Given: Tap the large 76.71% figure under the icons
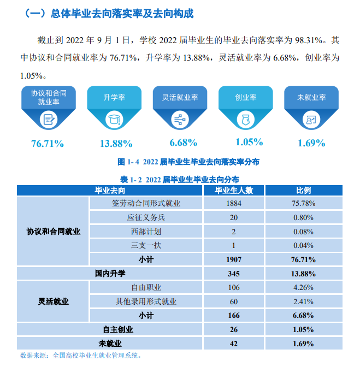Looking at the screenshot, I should coord(48,144).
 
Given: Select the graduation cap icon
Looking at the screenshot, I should coord(114,119).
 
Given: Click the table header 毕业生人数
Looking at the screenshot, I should coord(233,190).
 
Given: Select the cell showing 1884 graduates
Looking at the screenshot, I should coord(233,204).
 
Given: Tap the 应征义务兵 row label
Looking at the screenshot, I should coord(146,217).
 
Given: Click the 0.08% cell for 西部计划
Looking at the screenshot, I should coord(303,231).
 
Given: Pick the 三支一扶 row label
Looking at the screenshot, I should coord(146,245).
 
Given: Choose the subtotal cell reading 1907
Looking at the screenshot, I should coord(233,259).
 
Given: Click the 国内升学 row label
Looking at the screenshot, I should coord(110,273).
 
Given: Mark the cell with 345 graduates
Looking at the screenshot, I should coord(233,273).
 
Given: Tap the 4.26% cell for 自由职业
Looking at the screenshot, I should coord(303,287).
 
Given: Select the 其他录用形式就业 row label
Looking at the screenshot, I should coord(146,301).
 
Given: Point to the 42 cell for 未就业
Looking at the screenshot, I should coord(233,344).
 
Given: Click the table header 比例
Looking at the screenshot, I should coord(303,190).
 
